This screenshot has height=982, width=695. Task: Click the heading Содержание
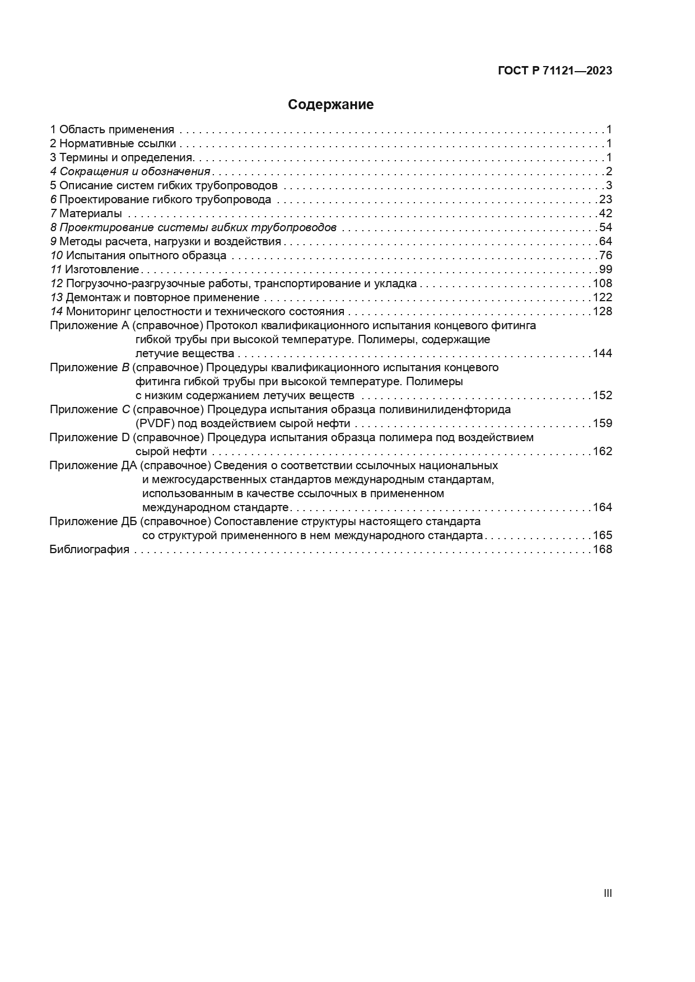pyautogui.click(x=330, y=105)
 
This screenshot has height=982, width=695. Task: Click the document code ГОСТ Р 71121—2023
pyautogui.click(x=554, y=71)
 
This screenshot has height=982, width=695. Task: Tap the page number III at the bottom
pyautogui.click(x=608, y=893)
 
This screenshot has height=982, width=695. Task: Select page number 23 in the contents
pyautogui.click(x=605, y=200)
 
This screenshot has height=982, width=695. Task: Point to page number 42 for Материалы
pyautogui.click(x=605, y=214)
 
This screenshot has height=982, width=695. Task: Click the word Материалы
pyautogui.click(x=91, y=214)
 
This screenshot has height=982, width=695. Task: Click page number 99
pyautogui.click(x=605, y=270)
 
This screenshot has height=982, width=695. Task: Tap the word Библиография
pyautogui.click(x=90, y=550)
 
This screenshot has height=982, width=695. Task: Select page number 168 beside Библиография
pyautogui.click(x=602, y=550)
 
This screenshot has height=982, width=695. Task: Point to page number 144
pyautogui.click(x=602, y=354)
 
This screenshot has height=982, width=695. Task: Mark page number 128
pyautogui.click(x=602, y=312)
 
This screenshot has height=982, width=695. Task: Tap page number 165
pyautogui.click(x=602, y=536)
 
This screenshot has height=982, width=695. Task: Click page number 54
pyautogui.click(x=605, y=228)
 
